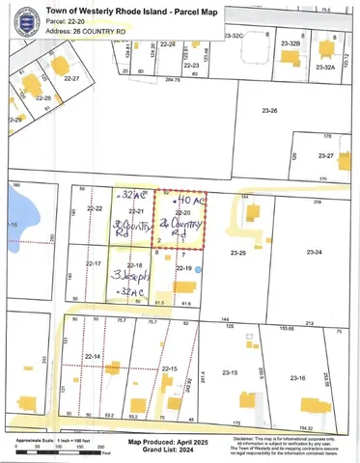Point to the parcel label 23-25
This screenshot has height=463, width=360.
pyautogui.click(x=239, y=252)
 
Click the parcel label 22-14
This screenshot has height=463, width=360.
pyautogui.click(x=95, y=357)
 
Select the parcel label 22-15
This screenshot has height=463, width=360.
pyautogui.click(x=168, y=369)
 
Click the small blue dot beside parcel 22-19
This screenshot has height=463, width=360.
pyautogui.click(x=198, y=270)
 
